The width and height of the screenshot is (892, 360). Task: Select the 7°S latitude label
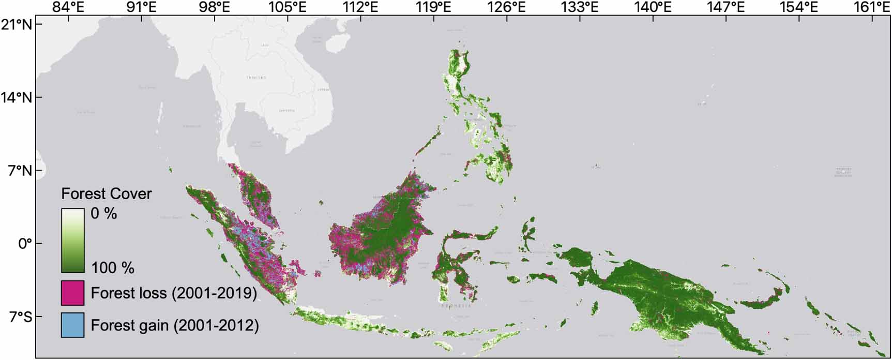[x=19, y=316]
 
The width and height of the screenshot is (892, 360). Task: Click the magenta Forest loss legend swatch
[x=72, y=293]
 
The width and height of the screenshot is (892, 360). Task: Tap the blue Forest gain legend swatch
[x=72, y=325]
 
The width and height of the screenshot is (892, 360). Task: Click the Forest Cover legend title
[x=107, y=194]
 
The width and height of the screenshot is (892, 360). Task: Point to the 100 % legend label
[x=113, y=268]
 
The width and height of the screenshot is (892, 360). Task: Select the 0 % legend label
[x=104, y=213]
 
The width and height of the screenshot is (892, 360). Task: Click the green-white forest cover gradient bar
[x=72, y=241]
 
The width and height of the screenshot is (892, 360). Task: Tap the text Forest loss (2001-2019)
[x=174, y=293]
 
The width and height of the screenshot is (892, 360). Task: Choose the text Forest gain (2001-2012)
[x=175, y=325]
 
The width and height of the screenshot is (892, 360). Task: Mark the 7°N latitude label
[x=20, y=170]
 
